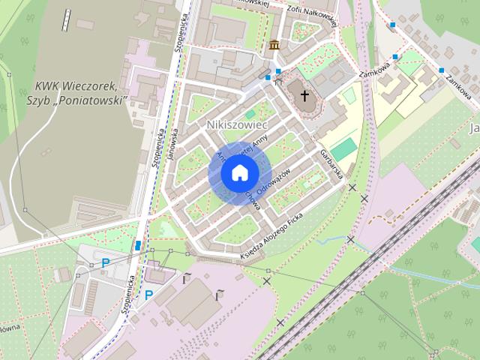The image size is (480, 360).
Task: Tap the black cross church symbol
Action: point(304,95)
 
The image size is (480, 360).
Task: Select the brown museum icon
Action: point(274,44)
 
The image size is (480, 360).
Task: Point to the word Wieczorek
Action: point(91,86)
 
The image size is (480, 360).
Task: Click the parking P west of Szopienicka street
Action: point(105,262)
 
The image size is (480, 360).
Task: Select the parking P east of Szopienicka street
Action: point(148,295)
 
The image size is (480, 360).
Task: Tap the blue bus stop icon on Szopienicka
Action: point(138,245)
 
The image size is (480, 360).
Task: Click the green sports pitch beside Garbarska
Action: point(343,149)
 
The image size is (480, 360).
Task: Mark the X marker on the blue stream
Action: point(350,239)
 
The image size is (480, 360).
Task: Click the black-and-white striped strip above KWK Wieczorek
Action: point(67,19)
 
